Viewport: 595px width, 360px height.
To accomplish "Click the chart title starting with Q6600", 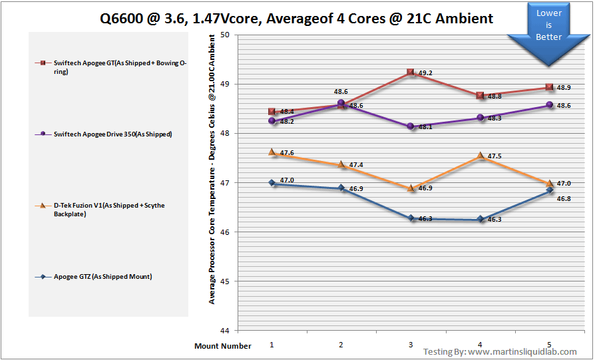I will tap(297, 18).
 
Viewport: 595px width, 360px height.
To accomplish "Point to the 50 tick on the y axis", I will tap(224, 35).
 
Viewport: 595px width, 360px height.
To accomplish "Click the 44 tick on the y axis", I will tap(224, 331).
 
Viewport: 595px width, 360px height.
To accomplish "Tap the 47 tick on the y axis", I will tap(224, 183).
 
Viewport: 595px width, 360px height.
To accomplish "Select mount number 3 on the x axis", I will tap(411, 345).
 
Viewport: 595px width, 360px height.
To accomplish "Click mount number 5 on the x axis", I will tap(550, 345).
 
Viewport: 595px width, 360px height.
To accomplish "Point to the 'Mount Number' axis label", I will tap(223, 346).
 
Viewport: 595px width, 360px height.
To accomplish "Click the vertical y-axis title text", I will tap(212, 183).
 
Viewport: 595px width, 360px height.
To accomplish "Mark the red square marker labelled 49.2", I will tap(411, 73).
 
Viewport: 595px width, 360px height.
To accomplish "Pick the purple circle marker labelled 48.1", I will tap(411, 126).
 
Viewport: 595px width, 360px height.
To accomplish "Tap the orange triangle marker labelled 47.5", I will tap(480, 156).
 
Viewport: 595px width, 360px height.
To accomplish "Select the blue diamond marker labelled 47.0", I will tap(272, 182).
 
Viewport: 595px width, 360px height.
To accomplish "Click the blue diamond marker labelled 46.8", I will tap(550, 190).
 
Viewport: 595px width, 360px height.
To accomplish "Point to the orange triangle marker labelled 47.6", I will tap(272, 152).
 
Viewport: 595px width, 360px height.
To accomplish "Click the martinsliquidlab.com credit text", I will tap(500, 351).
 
